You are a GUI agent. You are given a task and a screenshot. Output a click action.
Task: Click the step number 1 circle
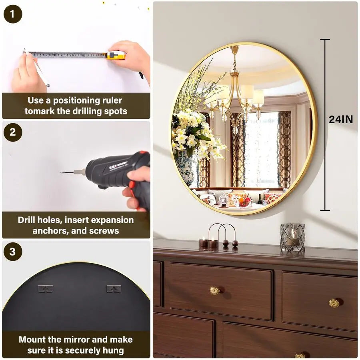coord(12,14)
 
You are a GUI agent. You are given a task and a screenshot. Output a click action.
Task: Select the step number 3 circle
coord(12,252)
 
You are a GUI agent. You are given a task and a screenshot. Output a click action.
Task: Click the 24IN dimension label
coord(341,119)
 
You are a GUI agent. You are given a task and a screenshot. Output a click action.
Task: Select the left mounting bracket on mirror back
coord(45,288)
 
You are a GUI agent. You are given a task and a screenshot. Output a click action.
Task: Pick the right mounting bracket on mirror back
coord(114,288)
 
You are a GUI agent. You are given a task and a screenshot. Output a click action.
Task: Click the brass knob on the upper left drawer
coord(215,291)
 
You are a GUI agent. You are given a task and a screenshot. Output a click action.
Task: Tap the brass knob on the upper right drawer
coord(334,303)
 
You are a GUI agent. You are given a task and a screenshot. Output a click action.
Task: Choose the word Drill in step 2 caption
coord(28,220)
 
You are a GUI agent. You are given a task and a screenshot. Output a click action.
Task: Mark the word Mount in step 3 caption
coord(34,340)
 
